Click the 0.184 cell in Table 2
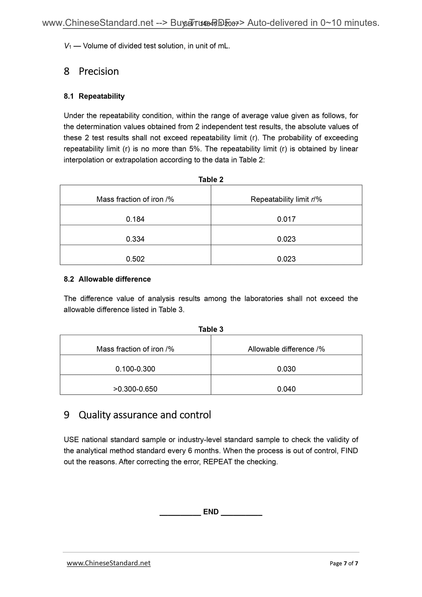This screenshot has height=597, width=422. (135, 219)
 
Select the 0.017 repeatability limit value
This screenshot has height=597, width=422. (286, 219)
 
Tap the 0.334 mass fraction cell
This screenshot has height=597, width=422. (135, 239)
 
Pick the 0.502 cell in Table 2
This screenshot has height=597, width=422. (135, 259)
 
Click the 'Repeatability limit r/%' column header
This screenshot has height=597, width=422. (286, 200)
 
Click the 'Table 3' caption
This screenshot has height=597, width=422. (211, 329)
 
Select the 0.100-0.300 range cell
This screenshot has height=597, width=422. (135, 369)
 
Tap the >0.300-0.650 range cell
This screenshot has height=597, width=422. (135, 389)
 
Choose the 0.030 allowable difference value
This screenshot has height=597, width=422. (286, 369)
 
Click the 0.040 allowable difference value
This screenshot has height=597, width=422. (286, 389)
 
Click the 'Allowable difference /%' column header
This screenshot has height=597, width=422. (286, 349)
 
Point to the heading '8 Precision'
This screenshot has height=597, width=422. (91, 72)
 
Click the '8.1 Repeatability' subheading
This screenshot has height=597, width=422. (94, 96)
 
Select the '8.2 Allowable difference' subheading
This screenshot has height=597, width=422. (107, 279)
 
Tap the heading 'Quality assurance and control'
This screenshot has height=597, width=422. (145, 415)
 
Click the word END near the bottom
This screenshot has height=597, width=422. (211, 512)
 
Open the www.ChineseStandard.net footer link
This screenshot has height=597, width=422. (109, 563)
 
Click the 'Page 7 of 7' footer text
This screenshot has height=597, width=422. (344, 563)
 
